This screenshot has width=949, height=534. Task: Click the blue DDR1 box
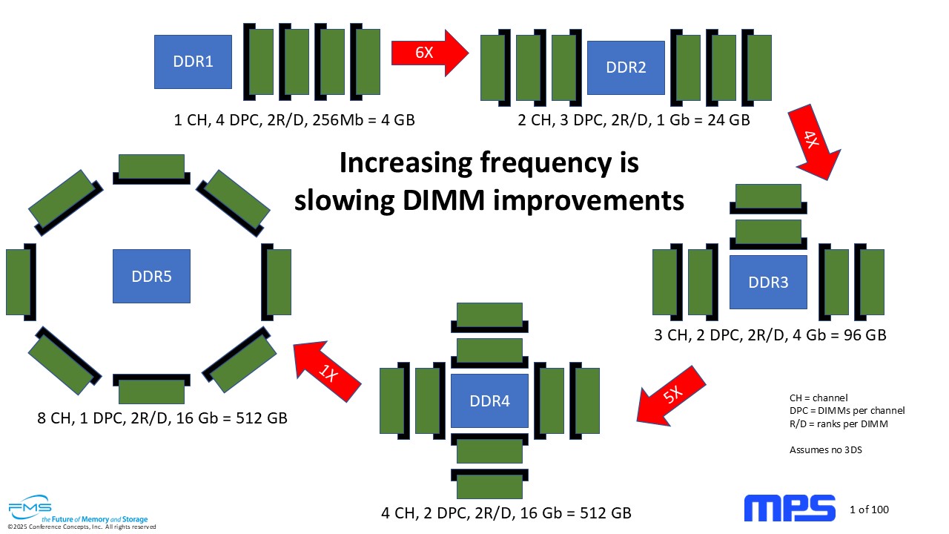pos(193,62)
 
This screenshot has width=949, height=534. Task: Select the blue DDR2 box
pos(626,67)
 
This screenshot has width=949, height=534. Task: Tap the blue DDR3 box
pos(768,283)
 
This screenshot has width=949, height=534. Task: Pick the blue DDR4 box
pos(489,401)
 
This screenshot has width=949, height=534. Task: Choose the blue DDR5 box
pos(151,277)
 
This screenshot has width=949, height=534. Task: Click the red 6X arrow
pos(429,53)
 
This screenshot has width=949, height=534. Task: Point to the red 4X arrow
pos(814,142)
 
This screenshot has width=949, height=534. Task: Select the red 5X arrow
pos(671,396)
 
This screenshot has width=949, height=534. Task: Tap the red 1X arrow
pos(327,372)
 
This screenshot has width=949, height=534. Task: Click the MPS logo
pos(790,508)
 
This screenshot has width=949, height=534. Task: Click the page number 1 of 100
pos(869,510)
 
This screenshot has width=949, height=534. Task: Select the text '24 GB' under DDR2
pos(729,120)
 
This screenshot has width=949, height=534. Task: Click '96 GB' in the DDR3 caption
pos(864,335)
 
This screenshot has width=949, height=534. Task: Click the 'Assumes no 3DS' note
pos(826,450)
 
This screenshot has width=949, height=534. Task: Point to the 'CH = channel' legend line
pos(819,398)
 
